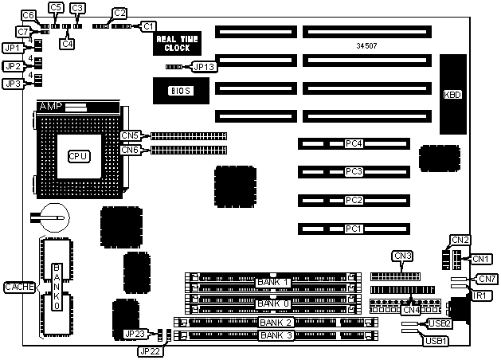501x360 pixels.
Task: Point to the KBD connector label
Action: (452, 95)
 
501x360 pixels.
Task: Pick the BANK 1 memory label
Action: (272, 283)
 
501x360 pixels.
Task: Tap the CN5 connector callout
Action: (131, 135)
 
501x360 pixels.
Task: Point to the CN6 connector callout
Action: (131, 149)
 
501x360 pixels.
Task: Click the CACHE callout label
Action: (18, 287)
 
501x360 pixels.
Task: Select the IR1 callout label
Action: (479, 295)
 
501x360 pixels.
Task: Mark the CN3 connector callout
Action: (402, 256)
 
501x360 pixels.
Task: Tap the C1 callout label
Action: (149, 26)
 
